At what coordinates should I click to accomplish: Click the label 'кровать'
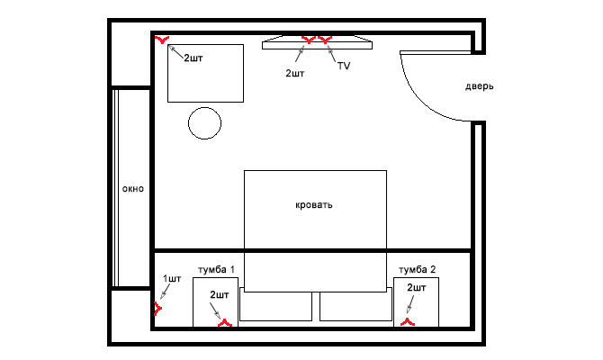pyautogui.click(x=314, y=205)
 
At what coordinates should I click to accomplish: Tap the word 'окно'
pyautogui.click(x=133, y=189)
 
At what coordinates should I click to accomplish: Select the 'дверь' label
pyautogui.click(x=479, y=86)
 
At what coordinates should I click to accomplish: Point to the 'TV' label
pyautogui.click(x=344, y=66)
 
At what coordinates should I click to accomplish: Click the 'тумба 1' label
pyautogui.click(x=216, y=270)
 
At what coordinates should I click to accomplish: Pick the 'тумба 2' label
pyautogui.click(x=418, y=270)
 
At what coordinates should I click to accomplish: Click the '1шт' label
pyautogui.click(x=172, y=278)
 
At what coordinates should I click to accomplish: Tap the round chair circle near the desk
pyautogui.click(x=204, y=123)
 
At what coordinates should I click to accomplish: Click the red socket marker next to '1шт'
pyautogui.click(x=157, y=309)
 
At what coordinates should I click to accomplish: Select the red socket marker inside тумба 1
pyautogui.click(x=225, y=323)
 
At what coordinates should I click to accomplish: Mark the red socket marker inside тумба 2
pyautogui.click(x=408, y=322)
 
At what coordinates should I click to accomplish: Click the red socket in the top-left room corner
pyautogui.click(x=162, y=40)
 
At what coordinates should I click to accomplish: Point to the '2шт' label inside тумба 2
pyautogui.click(x=417, y=288)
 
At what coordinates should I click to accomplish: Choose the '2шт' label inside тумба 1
pyautogui.click(x=220, y=295)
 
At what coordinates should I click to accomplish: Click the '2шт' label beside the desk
pyautogui.click(x=193, y=58)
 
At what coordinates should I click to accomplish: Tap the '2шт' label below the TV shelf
pyautogui.click(x=295, y=73)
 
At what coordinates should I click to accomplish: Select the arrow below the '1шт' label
pyautogui.click(x=166, y=292)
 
